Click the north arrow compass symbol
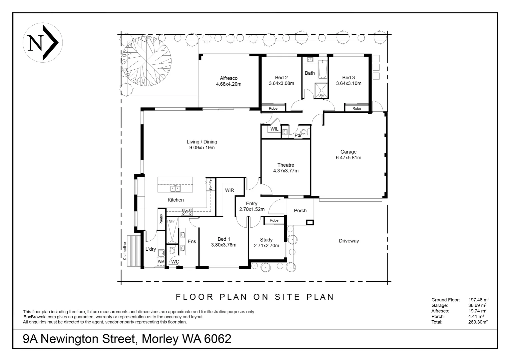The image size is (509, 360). coord(43,43)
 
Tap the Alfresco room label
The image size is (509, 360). coord(229,78)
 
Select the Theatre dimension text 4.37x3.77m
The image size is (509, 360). coord(286,171)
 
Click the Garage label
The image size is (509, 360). coord(348,152)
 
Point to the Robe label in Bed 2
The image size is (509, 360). coord(273,108)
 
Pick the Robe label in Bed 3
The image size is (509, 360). coord(357,108)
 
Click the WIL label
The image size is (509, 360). coord(274,129)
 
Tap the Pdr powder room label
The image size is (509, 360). coord(298,135)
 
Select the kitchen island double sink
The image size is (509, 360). coord(175,189)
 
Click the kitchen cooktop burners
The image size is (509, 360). coord(187,212)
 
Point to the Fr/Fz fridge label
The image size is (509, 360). coord(211,185)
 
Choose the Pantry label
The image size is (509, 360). coord(161,219)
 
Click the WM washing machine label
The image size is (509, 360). coord(161,262)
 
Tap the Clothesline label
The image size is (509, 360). coord(125,251)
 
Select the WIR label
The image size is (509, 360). coord(230,190)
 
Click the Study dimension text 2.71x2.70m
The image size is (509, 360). coord(266,246)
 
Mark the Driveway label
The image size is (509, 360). coord(349,241)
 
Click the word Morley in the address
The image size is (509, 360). coord(160,339)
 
